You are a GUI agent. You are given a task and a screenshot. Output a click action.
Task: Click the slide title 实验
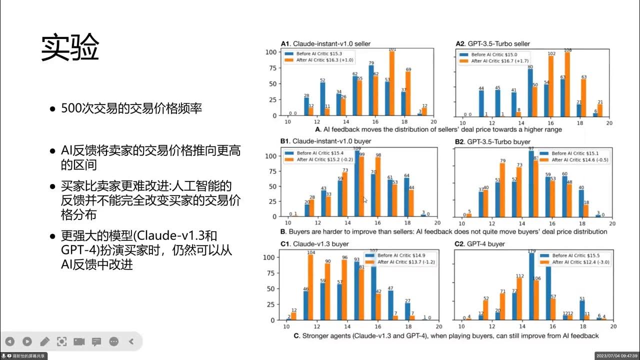[x=70, y=48]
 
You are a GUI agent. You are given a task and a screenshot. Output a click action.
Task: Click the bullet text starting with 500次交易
[x=131, y=108]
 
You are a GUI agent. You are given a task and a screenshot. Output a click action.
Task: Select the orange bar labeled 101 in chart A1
[x=392, y=83]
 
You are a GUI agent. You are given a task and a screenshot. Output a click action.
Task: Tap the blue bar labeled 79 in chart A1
[x=371, y=90]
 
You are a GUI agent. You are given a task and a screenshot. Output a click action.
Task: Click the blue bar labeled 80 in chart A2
[x=529, y=92]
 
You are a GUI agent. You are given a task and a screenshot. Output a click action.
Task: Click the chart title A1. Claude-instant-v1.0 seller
[x=325, y=44]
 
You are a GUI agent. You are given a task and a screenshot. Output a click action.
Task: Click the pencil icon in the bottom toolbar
[x=44, y=341]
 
